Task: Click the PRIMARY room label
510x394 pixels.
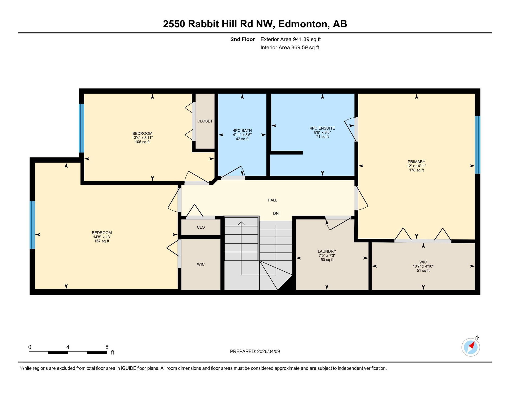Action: [x=416, y=162]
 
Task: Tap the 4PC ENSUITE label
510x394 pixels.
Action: [x=322, y=128]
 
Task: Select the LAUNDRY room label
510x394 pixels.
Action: [x=327, y=251]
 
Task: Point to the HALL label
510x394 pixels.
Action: [x=272, y=200]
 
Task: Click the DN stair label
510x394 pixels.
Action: [x=276, y=213]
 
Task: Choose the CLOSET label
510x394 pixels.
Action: [x=205, y=121]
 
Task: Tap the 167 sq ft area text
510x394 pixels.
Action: [x=102, y=241]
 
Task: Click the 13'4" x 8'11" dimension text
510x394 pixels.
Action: [x=142, y=138]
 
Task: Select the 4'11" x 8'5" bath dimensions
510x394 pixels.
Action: [x=242, y=135]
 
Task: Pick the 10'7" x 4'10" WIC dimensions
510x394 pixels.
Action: [x=423, y=266]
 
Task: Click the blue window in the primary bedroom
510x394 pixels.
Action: [x=478, y=145]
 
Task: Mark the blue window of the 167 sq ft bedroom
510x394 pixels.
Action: [x=32, y=225]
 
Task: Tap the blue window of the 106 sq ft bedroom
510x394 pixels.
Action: [x=82, y=128]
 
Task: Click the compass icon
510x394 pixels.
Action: [x=471, y=347]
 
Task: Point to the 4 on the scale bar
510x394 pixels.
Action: [x=68, y=347]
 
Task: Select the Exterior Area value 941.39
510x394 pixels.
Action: [x=301, y=39]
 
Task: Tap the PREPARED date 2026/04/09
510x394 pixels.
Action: [x=268, y=352]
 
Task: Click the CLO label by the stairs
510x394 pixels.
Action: [x=201, y=227]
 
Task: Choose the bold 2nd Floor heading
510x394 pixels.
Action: [x=243, y=39]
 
